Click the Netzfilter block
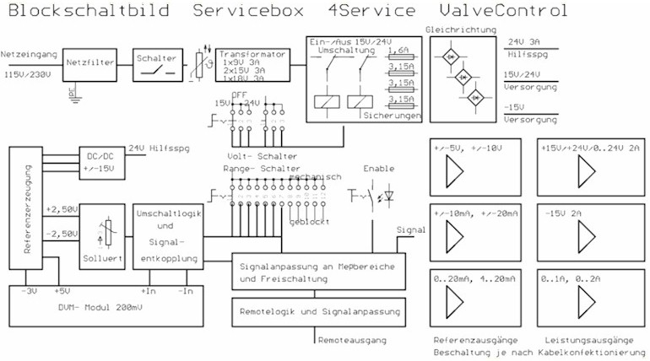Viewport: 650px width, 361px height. coord(85,62)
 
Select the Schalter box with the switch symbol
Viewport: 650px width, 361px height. coord(157,66)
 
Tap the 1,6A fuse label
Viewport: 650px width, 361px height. coord(398,51)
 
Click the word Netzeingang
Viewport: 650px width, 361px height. coord(30,53)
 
